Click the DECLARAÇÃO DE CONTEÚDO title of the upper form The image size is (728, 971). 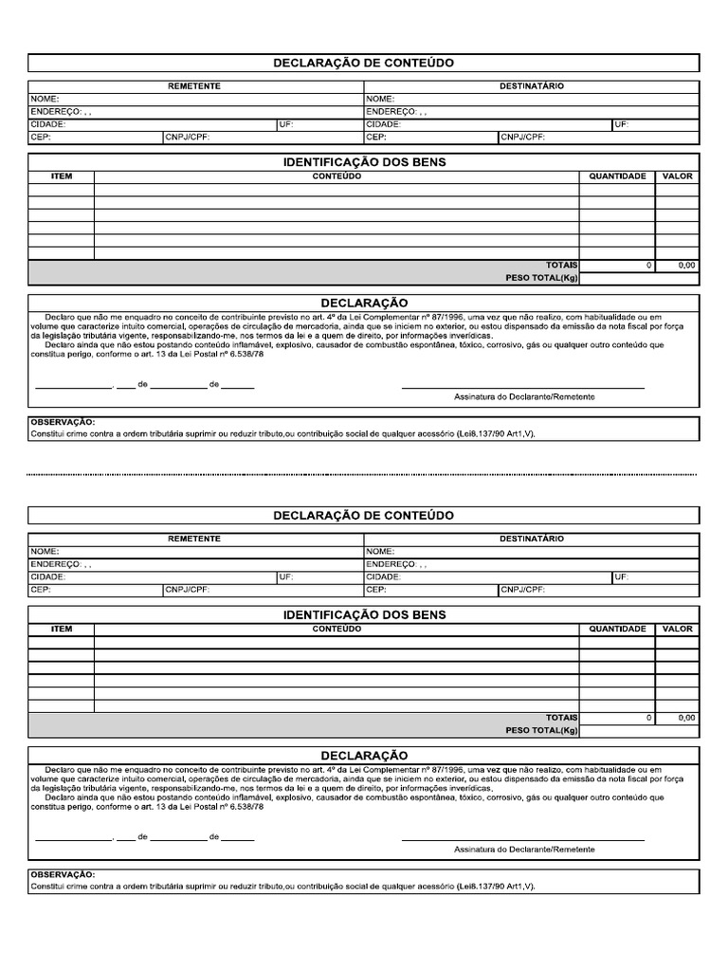pos(363,63)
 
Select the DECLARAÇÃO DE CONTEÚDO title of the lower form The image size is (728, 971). pos(363,515)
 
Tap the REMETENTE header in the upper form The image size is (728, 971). pos(194,86)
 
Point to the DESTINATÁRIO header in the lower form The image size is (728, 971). pos(531,539)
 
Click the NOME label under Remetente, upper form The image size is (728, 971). pos(45,99)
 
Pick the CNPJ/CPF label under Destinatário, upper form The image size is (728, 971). pos(523,137)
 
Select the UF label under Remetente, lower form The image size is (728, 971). pos(285,577)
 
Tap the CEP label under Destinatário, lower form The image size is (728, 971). pos(375,589)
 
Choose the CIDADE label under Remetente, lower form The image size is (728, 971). pos(47,577)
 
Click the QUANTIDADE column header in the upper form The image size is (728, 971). pos(617,176)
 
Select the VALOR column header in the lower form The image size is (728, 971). pos(677,629)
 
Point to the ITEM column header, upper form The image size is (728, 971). pos(61,176)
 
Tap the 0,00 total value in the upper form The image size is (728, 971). pos(686,266)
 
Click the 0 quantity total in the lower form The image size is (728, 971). pos(648,718)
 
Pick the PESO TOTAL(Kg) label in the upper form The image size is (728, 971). pos(541,279)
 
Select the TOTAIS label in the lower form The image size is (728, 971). pos(561,718)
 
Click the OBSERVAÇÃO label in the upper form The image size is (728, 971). pos(63,421)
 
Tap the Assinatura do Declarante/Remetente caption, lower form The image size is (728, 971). pos(524,849)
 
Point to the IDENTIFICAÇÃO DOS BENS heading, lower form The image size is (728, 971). pos(363,614)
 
